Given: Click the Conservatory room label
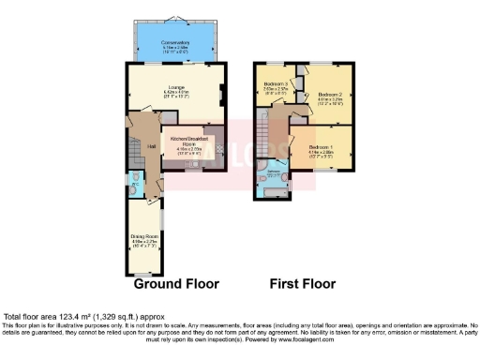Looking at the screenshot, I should click(x=176, y=42).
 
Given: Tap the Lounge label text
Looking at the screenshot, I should click(x=175, y=87).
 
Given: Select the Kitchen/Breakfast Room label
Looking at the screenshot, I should click(x=187, y=142).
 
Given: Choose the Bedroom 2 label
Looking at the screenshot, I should click(x=328, y=95).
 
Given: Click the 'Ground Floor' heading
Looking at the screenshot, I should click(x=176, y=283).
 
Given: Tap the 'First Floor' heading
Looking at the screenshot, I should click(x=302, y=283).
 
